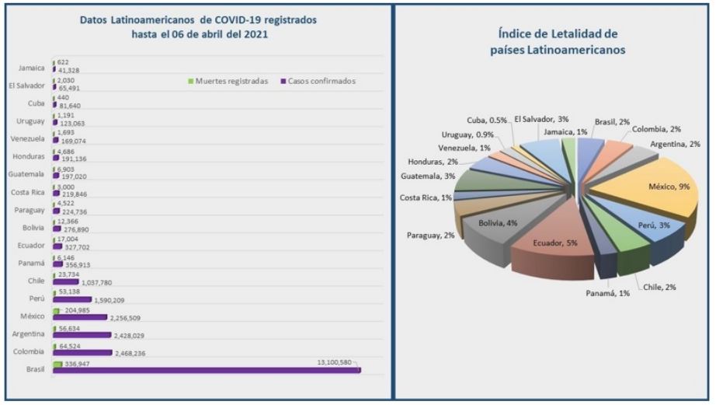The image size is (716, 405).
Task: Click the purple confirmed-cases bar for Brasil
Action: [206, 369]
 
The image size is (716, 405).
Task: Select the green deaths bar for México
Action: [56, 310]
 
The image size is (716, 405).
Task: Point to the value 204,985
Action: [78, 309]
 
